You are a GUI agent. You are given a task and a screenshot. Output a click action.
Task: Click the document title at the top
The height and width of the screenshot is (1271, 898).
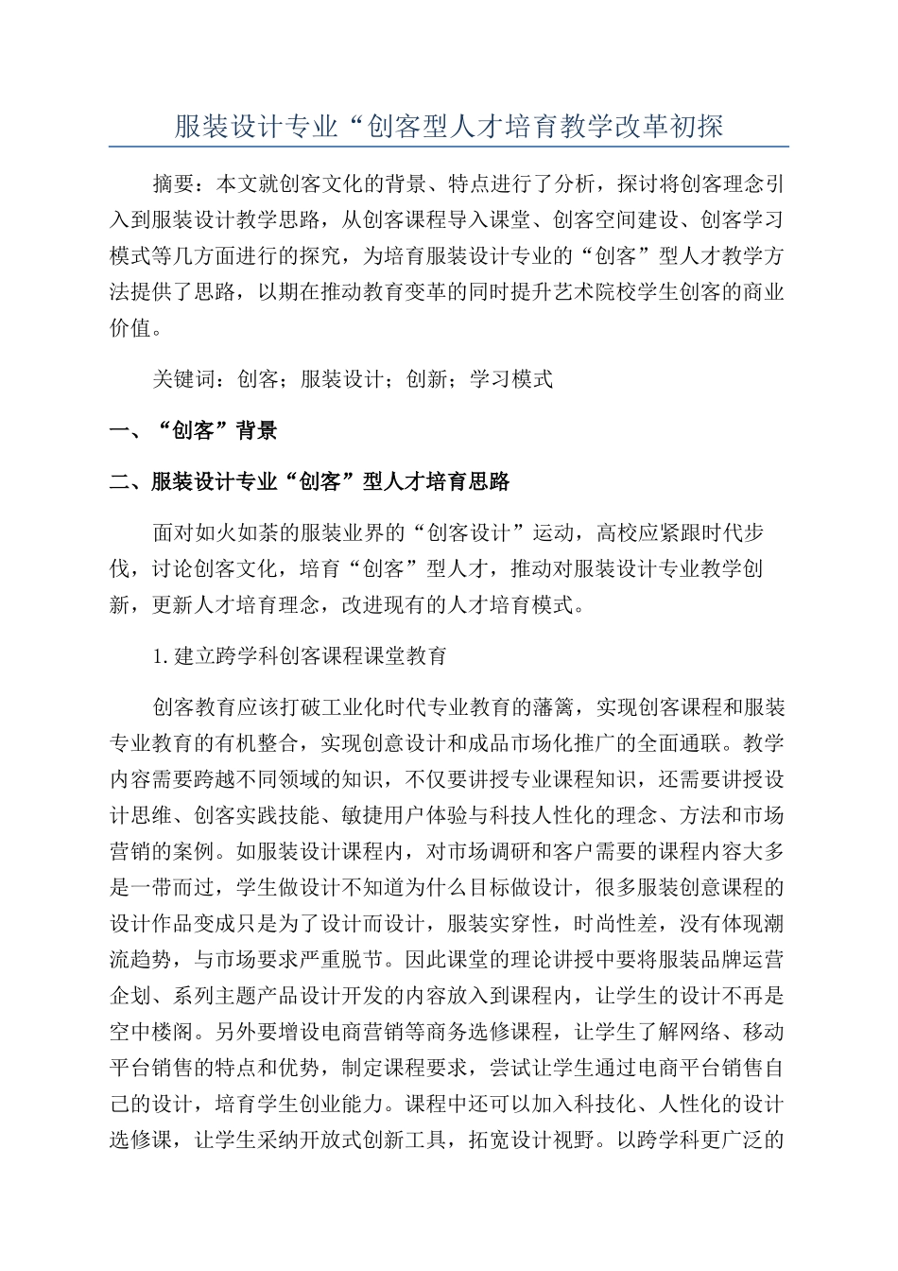449,126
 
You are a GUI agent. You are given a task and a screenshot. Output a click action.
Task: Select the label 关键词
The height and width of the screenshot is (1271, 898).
183,379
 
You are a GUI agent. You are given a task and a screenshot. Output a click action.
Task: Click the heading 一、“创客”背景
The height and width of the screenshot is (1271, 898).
194,431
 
